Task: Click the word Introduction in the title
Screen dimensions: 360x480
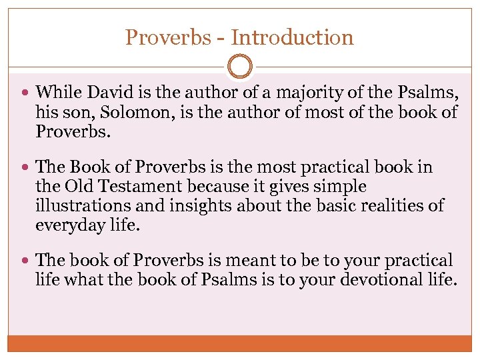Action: click(x=293, y=37)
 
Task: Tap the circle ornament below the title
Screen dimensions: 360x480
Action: click(x=239, y=67)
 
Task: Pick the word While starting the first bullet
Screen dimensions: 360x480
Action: click(x=57, y=92)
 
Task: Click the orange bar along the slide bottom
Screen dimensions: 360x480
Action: click(x=239, y=343)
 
